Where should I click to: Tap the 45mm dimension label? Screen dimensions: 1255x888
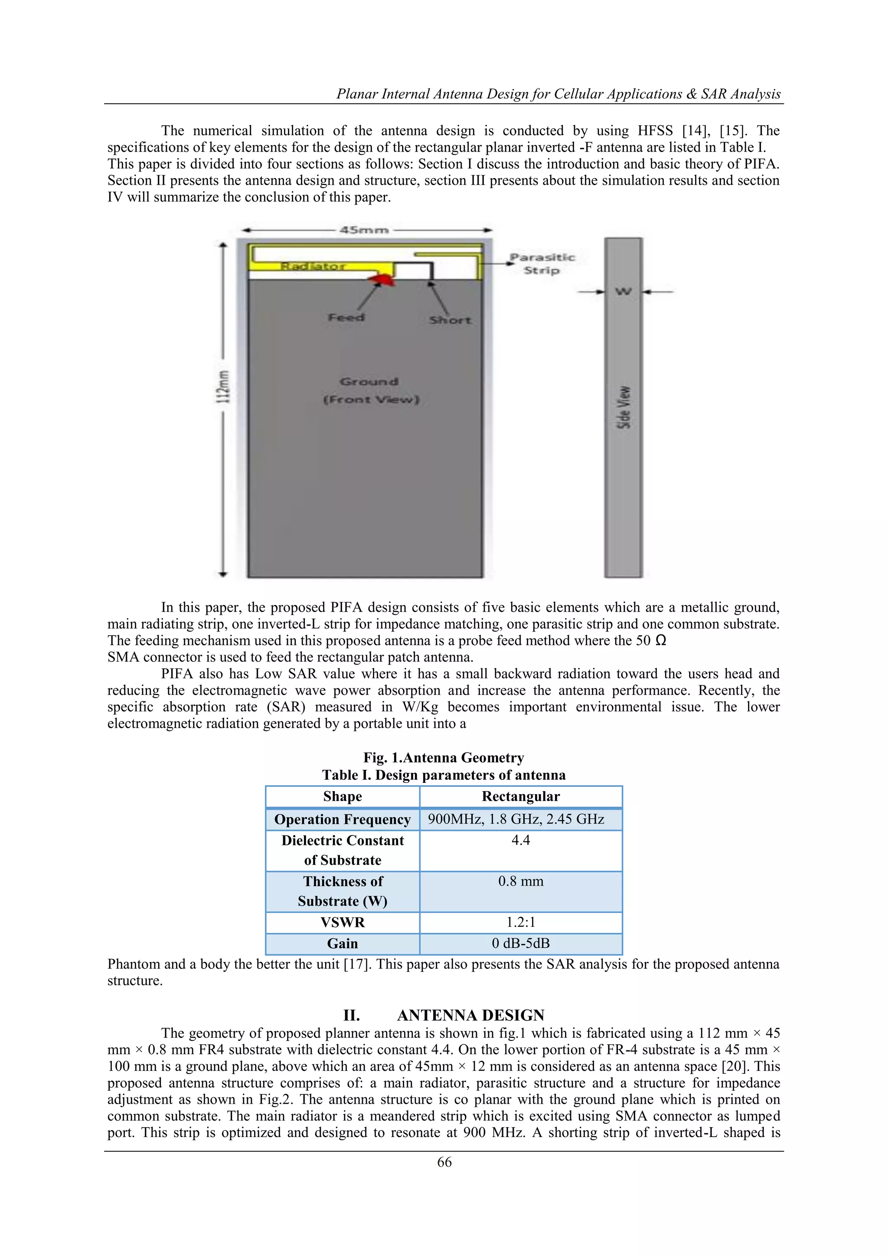(364, 230)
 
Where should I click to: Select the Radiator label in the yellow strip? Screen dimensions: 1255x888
(313, 267)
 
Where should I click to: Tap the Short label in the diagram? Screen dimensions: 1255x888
(450, 320)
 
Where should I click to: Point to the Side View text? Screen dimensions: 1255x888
(624, 407)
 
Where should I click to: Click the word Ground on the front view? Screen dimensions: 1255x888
(369, 381)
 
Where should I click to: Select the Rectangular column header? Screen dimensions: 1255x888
(521, 796)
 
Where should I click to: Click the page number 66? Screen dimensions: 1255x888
(444, 1162)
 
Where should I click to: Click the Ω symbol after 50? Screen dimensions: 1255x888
(660, 641)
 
